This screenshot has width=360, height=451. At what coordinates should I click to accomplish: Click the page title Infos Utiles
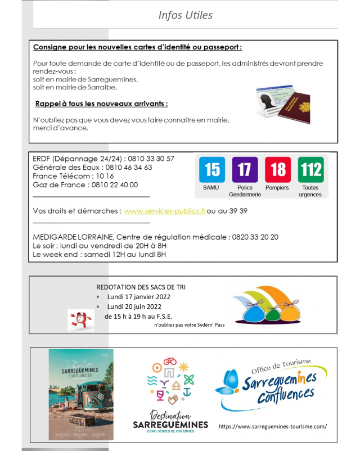[185, 15]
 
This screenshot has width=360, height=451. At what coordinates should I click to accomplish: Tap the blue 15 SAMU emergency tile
[211, 170]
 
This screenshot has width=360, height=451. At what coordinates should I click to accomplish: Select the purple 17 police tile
[244, 170]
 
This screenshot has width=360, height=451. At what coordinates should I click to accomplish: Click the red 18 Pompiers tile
[277, 170]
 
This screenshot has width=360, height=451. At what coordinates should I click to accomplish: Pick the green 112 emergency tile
[310, 170]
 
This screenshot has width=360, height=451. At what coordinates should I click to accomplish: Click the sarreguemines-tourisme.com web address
[272, 426]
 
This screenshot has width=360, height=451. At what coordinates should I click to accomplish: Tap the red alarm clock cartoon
[80, 319]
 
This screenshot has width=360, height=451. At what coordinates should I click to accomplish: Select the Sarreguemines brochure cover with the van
[80, 395]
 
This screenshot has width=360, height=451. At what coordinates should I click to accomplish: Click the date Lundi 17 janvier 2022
[138, 296]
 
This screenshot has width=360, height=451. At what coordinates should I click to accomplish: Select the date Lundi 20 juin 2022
[134, 306]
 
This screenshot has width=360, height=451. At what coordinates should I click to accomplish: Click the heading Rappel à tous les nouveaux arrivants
[101, 104]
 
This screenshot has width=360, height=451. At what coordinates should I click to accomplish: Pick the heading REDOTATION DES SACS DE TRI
[141, 287]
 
